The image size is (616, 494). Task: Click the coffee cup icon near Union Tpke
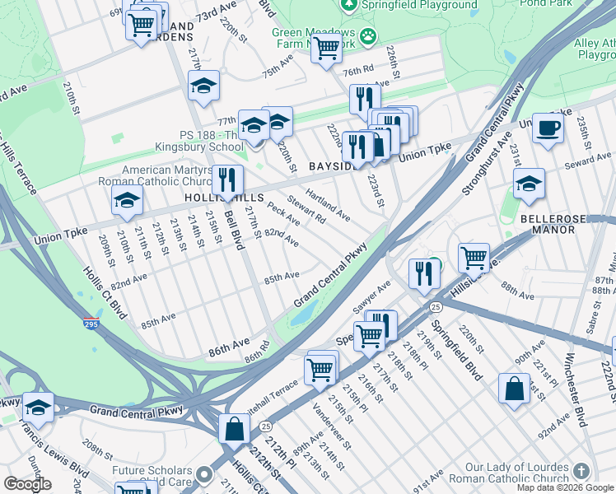(548, 128)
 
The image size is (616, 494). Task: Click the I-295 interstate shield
(91, 324)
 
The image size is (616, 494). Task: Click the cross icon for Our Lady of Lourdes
(582, 471)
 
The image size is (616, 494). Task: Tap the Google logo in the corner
(27, 484)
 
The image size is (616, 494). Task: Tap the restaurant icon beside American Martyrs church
(225, 180)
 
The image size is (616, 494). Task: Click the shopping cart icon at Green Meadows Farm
(326, 48)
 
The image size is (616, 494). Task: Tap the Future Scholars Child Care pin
(204, 476)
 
